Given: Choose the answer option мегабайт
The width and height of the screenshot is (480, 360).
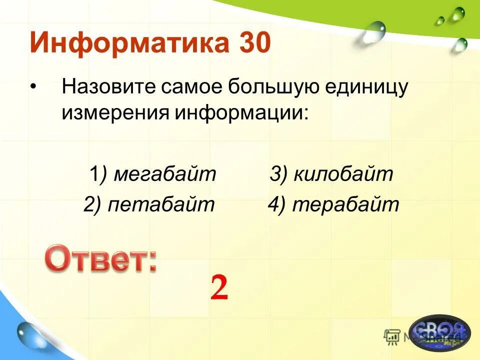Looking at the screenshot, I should click(x=164, y=174).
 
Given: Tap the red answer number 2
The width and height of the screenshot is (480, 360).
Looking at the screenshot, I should click(x=219, y=288).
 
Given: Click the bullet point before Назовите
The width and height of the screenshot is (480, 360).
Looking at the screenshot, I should click(x=33, y=87).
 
